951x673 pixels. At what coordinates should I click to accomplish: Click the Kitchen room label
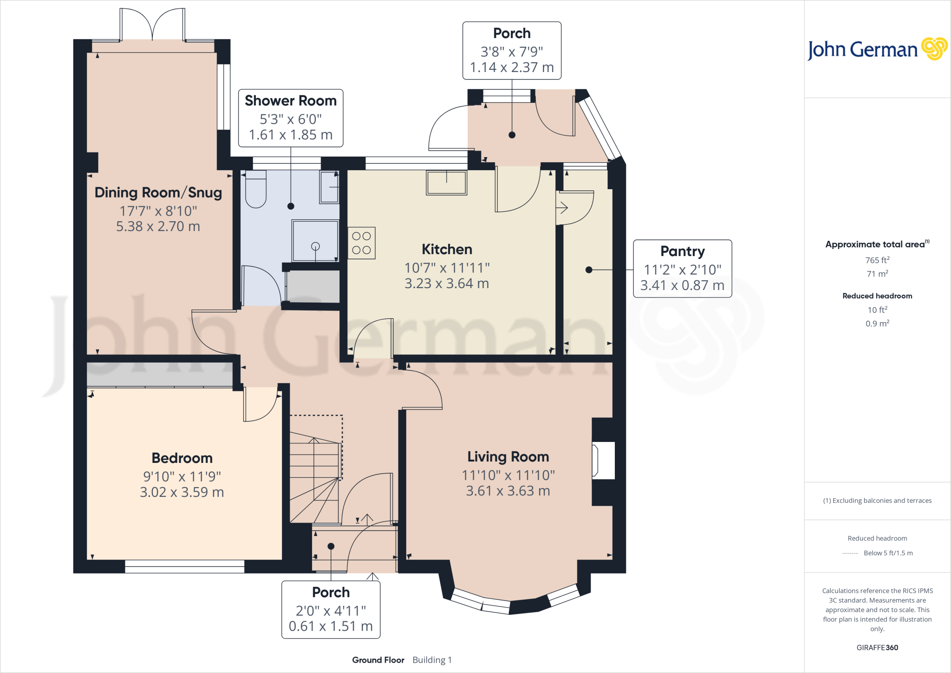pyautogui.click(x=447, y=250)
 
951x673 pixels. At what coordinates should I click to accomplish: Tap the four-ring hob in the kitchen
pyautogui.click(x=361, y=243)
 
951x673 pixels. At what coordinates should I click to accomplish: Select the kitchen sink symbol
pyautogui.click(x=447, y=183)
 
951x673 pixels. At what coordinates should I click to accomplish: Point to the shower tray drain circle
pyautogui.click(x=315, y=246)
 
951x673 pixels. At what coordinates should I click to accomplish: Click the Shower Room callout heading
pyautogui.click(x=291, y=101)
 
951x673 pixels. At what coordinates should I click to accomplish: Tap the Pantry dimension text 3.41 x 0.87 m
pyautogui.click(x=682, y=285)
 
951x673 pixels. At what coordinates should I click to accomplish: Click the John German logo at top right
pyautogui.click(x=877, y=49)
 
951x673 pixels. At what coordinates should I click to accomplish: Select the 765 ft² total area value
pyautogui.click(x=877, y=260)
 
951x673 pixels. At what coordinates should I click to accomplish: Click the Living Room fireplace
pyautogui.click(x=603, y=461)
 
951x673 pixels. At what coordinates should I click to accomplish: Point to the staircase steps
pyautogui.click(x=314, y=479)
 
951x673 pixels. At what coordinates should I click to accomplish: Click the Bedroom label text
pyautogui.click(x=182, y=458)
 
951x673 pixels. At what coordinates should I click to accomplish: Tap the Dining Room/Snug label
pyautogui.click(x=158, y=193)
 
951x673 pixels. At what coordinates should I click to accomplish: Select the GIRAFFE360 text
pyautogui.click(x=877, y=647)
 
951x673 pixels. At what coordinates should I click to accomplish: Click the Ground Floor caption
pyautogui.click(x=378, y=660)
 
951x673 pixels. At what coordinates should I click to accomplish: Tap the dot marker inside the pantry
pyautogui.click(x=589, y=270)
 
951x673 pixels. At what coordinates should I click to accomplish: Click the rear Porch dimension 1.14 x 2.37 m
pyautogui.click(x=512, y=68)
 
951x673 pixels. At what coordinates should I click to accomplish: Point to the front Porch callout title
pyautogui.click(x=331, y=593)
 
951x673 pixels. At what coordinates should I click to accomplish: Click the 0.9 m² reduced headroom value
pyautogui.click(x=877, y=323)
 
